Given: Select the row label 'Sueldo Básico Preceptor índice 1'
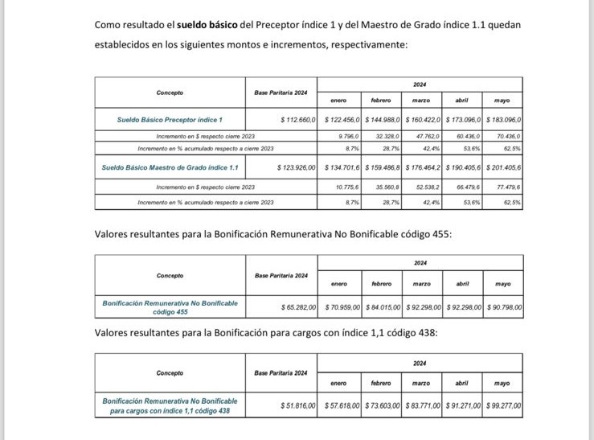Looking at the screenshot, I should tap(169, 119).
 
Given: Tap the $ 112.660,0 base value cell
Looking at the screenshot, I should tap(298, 119).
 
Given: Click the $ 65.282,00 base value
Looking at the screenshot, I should tap(298, 306).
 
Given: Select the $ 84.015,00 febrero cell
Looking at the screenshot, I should tap(382, 306).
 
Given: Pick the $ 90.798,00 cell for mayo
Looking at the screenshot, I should tap(502, 306).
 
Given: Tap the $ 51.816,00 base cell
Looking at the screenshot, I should tap(298, 406).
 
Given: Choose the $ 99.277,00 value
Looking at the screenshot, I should tap(502, 406).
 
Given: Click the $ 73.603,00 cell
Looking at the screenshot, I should tap(382, 406).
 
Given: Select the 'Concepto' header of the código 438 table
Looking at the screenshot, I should tap(170, 373).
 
